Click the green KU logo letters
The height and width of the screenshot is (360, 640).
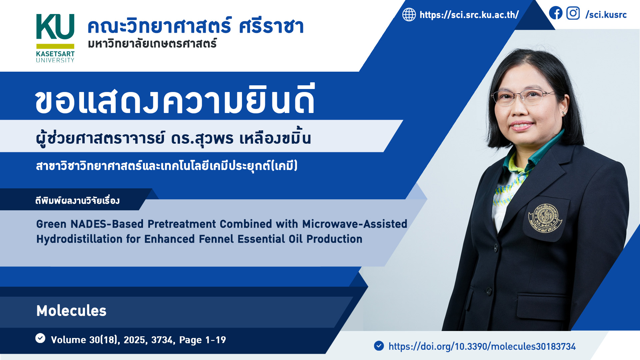[55, 27]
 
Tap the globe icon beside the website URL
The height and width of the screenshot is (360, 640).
[409, 15]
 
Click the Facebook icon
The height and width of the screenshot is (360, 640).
[556, 13]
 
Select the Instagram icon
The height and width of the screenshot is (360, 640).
[573, 13]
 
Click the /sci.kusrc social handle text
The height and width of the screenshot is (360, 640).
[606, 15]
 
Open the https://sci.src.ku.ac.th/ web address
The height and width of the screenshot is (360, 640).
[469, 15]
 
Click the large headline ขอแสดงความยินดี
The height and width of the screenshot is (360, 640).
[175, 100]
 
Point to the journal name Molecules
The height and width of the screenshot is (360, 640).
[71, 311]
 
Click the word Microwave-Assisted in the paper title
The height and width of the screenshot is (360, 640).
[355, 224]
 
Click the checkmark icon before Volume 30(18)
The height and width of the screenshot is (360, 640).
[40, 338]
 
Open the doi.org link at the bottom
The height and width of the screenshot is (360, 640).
[482, 347]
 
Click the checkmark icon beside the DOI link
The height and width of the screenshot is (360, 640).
[379, 346]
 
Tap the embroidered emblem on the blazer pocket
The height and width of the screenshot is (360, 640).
[545, 218]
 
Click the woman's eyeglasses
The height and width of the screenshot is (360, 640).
[523, 97]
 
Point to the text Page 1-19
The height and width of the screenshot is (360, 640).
[203, 340]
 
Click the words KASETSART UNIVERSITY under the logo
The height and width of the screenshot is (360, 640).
[55, 57]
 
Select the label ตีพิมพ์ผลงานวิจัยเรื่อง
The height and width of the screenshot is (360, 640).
[77, 200]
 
